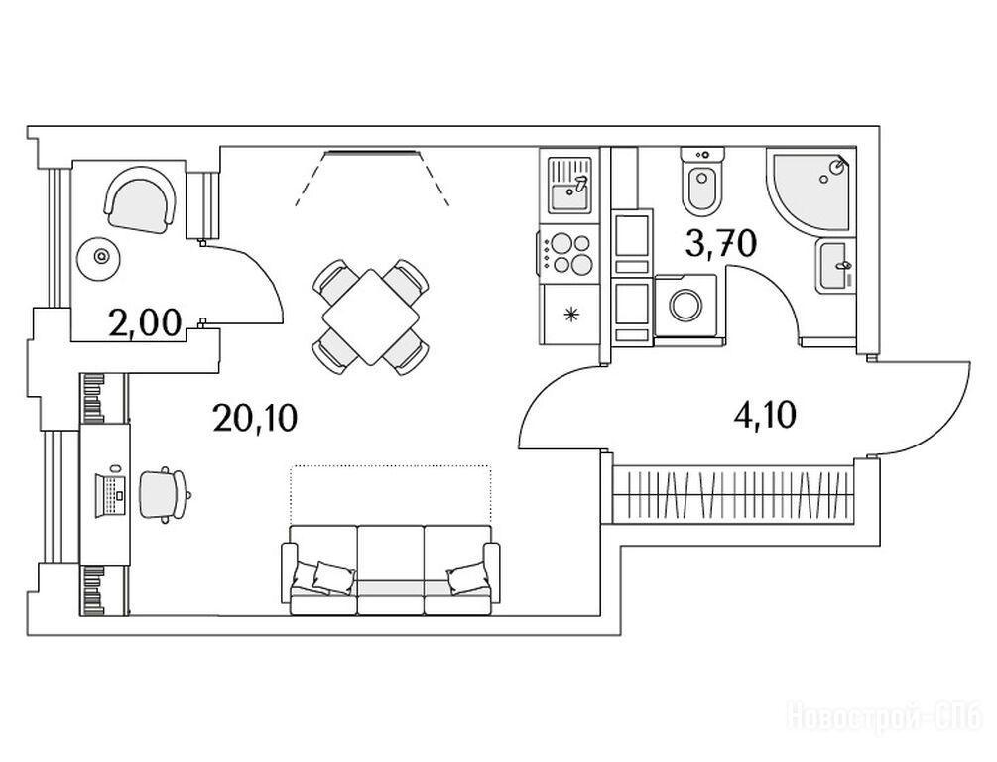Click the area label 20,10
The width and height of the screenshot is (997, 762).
(255, 418)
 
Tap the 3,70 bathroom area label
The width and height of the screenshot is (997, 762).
(721, 242)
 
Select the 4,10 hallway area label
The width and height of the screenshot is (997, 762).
(764, 416)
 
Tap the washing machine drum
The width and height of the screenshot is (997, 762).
(685, 305)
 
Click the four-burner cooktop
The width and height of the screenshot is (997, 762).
(570, 253)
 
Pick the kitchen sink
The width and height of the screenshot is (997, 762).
(570, 186)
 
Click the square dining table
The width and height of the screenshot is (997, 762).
(371, 317)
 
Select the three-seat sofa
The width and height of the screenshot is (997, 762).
(391, 570)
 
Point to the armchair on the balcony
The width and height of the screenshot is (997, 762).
(139, 199)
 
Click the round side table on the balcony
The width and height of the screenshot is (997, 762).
(100, 257)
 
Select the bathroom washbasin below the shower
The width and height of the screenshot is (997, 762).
(834, 266)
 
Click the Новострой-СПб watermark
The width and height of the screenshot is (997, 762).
(886, 715)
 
